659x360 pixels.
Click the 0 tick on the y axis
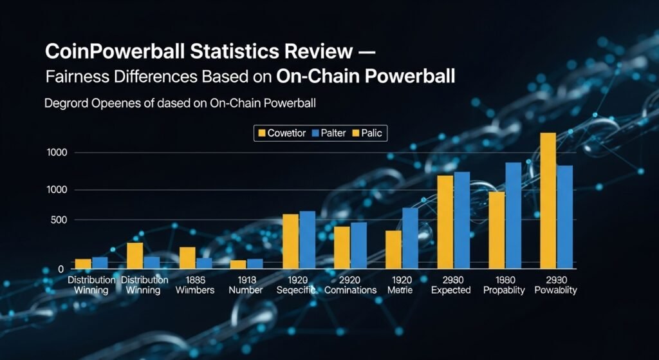pyautogui.click(x=61, y=268)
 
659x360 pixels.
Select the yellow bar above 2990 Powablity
pyautogui.click(x=548, y=200)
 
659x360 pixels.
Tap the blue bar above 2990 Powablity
pyautogui.click(x=565, y=216)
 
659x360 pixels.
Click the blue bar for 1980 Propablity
pyautogui.click(x=513, y=215)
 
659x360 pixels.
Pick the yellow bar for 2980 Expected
pyautogui.click(x=445, y=222)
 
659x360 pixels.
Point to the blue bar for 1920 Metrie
pyautogui.click(x=410, y=238)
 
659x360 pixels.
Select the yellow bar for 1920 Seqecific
pyautogui.click(x=290, y=241)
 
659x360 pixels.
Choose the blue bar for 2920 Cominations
pyautogui.click(x=358, y=245)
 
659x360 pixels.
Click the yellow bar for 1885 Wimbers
pyautogui.click(x=187, y=258)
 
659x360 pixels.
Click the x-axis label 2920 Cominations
pyautogui.click(x=350, y=285)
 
